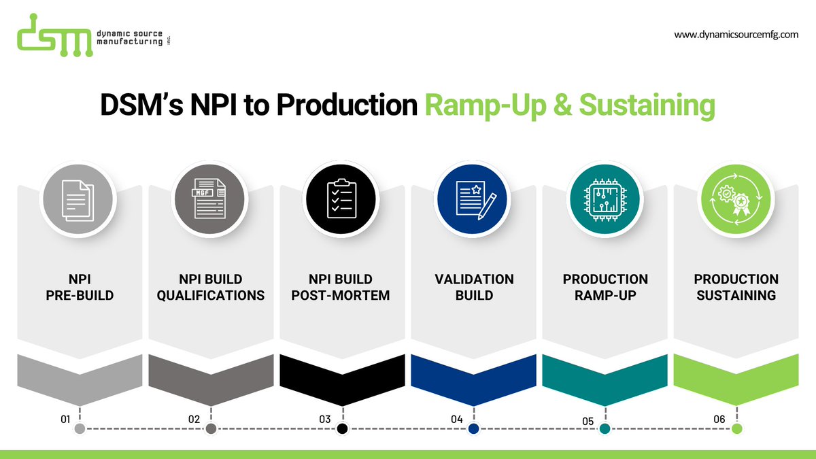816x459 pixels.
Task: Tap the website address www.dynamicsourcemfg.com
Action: tap(736, 34)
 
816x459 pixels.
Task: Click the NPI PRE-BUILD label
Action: tap(80, 288)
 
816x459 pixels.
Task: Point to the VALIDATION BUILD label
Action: tap(474, 288)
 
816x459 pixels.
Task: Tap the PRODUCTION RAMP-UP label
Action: tap(605, 288)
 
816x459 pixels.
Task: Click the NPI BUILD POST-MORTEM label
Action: tap(342, 288)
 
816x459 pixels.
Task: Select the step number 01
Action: tap(66, 420)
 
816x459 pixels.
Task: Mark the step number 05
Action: tap(588, 422)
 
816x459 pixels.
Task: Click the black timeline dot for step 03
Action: tap(342, 428)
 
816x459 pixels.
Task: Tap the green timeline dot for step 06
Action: tap(736, 428)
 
